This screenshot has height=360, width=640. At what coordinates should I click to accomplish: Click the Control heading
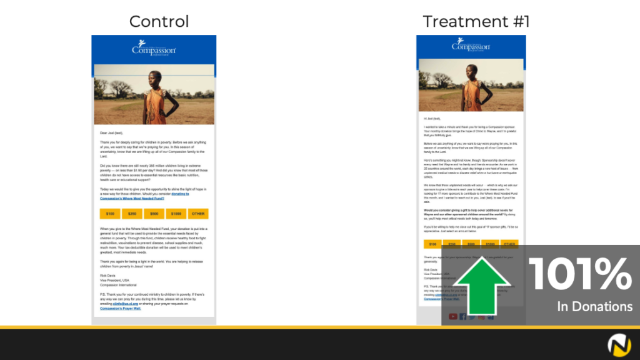pos(159,21)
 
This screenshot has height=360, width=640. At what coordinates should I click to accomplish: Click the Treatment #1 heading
pos(476,21)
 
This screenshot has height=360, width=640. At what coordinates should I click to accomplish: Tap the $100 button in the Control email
pos(110,214)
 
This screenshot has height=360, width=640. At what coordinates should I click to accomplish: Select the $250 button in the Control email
pos(132,214)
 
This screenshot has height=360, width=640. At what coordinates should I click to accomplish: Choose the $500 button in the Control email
pos(154,214)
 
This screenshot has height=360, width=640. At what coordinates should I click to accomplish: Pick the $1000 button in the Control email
pos(176,214)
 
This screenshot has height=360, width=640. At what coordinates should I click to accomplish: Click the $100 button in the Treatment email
pos(432,244)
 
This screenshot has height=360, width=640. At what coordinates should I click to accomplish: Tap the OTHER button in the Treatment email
pos(509,244)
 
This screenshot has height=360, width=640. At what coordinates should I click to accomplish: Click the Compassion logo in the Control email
pos(154,47)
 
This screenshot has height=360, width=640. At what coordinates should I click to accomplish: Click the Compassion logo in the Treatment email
pos(471,45)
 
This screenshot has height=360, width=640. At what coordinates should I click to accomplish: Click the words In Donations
pos(594,306)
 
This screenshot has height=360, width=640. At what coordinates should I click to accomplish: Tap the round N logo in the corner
pos(618,344)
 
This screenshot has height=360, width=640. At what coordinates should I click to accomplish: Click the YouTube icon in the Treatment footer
pos(453,317)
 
